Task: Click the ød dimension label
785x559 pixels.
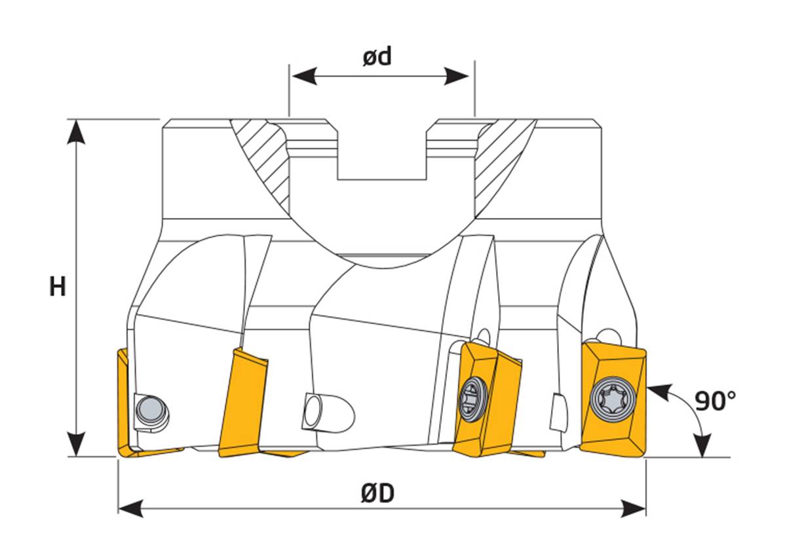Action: click(377, 57)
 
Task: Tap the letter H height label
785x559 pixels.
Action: click(58, 286)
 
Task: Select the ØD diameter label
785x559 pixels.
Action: click(377, 493)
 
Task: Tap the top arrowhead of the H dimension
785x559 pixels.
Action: click(77, 131)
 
